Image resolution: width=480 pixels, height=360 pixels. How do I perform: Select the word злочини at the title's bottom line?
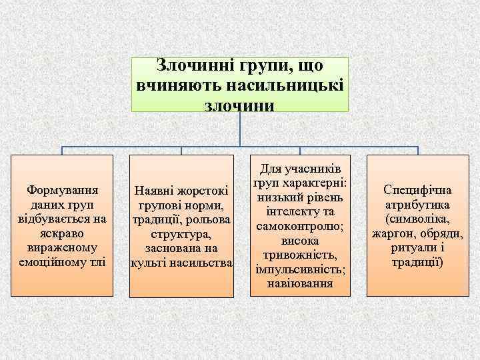click(x=240, y=105)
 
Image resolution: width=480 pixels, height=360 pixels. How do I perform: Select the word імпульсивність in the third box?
click(x=299, y=271)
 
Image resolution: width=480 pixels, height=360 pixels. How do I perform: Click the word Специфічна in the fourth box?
click(x=417, y=190)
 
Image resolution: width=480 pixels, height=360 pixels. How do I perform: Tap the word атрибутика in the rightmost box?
click(x=417, y=205)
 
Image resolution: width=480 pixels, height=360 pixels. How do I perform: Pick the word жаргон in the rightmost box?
click(x=392, y=234)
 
